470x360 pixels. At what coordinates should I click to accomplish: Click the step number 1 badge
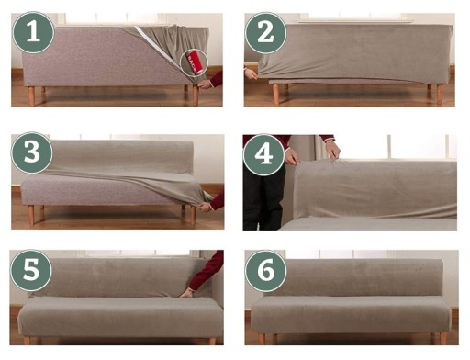point(33,32)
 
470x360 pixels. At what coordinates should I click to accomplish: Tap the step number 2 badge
point(265,33)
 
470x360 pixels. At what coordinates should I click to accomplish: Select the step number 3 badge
point(32,152)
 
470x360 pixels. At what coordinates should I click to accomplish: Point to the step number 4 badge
point(263,154)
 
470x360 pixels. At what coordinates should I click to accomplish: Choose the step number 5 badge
point(31,271)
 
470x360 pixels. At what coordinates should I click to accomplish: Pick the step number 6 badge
point(265,271)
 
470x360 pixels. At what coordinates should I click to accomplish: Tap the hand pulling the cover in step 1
point(205,84)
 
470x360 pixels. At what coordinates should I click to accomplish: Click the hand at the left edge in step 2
point(252,74)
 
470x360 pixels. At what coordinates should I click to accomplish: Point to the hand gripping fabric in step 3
point(206,208)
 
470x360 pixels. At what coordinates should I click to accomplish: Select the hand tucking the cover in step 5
point(186,294)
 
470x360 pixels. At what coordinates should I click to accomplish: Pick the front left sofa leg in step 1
point(31,96)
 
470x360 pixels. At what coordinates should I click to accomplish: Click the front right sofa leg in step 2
point(441,94)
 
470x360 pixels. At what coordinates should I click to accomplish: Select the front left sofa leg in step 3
point(31,216)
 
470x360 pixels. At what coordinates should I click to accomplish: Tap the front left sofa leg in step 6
point(263,339)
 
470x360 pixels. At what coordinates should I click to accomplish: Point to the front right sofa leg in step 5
point(212,341)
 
